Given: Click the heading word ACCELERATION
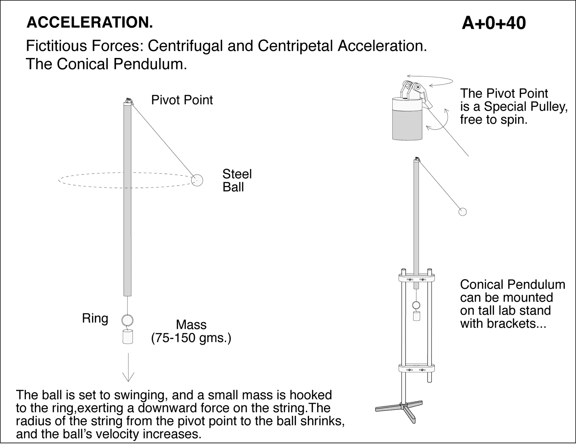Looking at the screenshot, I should click(90, 23).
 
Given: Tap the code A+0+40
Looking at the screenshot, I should click(494, 23).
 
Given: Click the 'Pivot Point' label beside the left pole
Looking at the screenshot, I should click(182, 100).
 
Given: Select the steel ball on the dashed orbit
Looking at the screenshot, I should click(197, 180).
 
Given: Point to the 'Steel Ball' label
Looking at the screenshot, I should click(237, 181).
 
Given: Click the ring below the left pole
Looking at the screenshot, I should click(127, 320).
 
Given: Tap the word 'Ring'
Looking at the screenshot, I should click(95, 318).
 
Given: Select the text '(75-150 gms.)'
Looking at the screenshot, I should click(191, 338).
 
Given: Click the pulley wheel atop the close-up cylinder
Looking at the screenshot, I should click(417, 87).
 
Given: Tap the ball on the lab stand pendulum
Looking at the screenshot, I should click(463, 212).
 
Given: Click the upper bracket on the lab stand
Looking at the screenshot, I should click(417, 278).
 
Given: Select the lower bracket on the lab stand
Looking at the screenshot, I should click(417, 368).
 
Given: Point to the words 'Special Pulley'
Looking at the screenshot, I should click(525, 107).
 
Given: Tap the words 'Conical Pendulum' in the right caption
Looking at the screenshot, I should click(512, 285).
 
